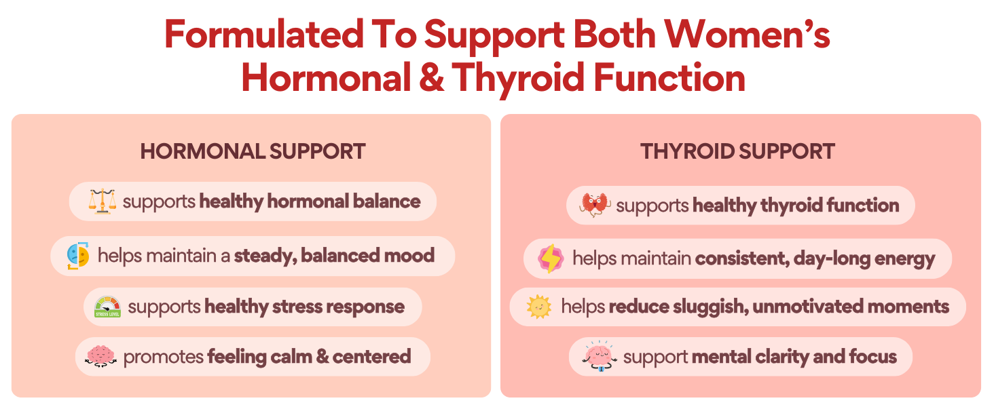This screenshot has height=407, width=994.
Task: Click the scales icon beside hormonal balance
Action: tap(103, 201)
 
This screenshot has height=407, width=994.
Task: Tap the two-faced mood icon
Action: tap(78, 256)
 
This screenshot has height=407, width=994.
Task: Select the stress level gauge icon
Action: tap(107, 307)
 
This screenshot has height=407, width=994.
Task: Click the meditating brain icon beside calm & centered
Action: tap(101, 356)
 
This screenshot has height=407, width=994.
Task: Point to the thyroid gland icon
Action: tap(596, 205)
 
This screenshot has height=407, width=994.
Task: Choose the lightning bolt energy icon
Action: tap(551, 258)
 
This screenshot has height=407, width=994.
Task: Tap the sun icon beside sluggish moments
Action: tap(538, 307)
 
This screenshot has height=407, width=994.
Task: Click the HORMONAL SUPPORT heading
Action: tap(253, 151)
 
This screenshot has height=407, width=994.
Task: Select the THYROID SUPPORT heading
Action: tap(737, 151)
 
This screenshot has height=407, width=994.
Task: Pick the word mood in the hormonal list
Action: tap(408, 256)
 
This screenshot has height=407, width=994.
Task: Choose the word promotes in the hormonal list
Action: tap(164, 357)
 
